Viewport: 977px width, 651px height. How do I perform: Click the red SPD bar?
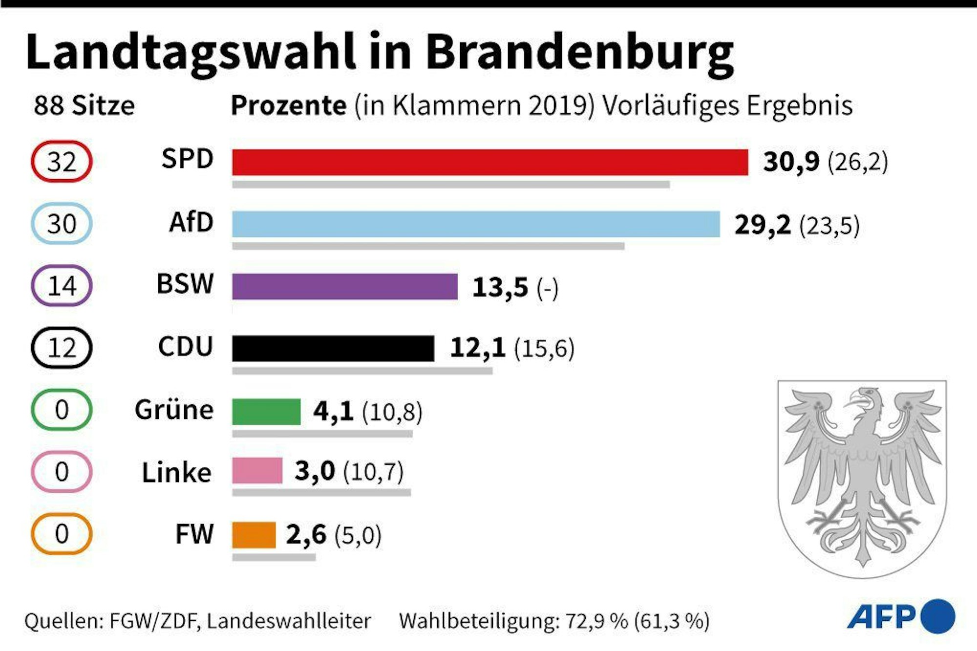489,162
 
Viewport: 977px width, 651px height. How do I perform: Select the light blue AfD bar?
476,224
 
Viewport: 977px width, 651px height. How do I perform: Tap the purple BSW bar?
345,286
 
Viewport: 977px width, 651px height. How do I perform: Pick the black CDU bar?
333,348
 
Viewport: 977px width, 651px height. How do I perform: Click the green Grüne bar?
266,411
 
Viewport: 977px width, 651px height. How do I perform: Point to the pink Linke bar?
257,471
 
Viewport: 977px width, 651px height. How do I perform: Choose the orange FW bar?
254,535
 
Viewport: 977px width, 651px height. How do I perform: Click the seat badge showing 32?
62,162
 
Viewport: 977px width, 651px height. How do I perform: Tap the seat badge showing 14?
62,286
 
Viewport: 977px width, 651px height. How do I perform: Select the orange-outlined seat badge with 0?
62,533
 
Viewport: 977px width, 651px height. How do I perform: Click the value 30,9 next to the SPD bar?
791,162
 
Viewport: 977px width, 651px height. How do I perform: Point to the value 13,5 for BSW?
500,287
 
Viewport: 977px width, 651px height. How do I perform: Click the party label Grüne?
174,410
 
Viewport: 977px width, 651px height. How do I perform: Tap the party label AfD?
191,223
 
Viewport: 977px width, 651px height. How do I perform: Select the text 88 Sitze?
84,105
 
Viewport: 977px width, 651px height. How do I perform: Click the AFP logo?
900,616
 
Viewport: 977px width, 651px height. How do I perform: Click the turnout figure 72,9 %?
596,621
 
